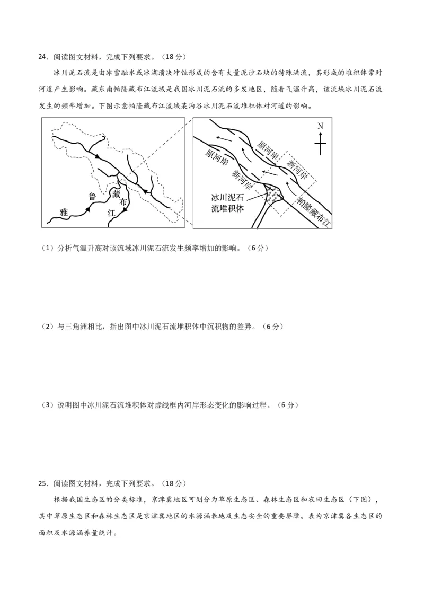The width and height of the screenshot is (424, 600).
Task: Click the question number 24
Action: tap(42, 57)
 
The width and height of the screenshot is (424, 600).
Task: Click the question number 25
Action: tap(42, 483)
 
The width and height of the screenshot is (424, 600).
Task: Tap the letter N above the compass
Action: tap(320, 126)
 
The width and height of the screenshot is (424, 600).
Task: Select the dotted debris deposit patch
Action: tap(273, 194)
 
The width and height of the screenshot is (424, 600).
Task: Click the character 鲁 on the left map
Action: tap(92, 196)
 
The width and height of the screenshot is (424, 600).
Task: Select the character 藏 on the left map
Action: tap(117, 195)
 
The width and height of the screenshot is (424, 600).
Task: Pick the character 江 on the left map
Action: tap(111, 213)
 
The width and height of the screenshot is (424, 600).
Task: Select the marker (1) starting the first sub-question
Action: tap(47, 248)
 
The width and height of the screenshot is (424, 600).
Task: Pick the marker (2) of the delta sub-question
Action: tap(47, 327)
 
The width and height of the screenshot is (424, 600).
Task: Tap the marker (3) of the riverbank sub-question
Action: tap(47, 405)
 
